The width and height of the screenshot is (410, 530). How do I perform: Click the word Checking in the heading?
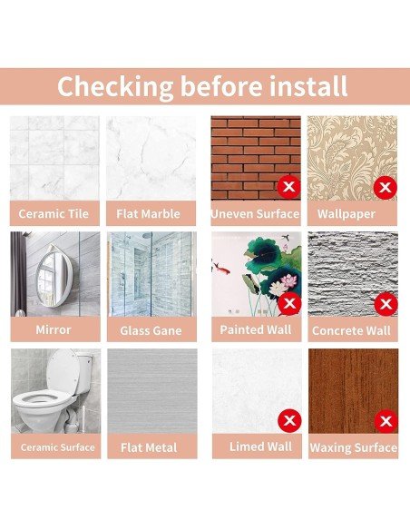[x=115, y=87]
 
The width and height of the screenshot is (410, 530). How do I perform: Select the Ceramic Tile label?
[x=54, y=213]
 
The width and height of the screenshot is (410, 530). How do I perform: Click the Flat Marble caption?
[x=148, y=213]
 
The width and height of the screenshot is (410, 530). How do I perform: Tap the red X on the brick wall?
[x=289, y=187]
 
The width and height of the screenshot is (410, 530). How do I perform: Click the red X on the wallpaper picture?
[x=386, y=187]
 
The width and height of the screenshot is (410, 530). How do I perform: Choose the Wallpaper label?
[x=347, y=214]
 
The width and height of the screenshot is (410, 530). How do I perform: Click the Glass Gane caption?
[x=151, y=330]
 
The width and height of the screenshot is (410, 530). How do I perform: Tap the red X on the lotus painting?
[x=289, y=303]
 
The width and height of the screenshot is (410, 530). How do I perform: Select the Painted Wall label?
[x=256, y=329]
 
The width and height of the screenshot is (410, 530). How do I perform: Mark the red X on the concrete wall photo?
[x=386, y=304]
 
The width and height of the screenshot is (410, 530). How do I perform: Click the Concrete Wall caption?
[x=351, y=330]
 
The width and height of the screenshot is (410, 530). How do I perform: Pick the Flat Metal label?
[x=149, y=447]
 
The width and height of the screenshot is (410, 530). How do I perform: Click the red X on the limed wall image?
[x=289, y=421]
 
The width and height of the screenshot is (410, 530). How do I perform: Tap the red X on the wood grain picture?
[x=386, y=421]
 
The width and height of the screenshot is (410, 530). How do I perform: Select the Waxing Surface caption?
[x=353, y=447]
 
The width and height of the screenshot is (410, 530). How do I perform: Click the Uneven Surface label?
[x=255, y=214]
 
